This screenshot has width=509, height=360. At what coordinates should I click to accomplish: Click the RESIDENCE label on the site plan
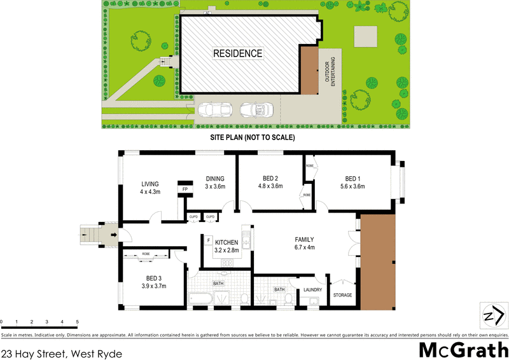pyautogui.click(x=237, y=53)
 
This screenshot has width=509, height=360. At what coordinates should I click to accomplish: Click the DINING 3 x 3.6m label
pyautogui.click(x=215, y=183)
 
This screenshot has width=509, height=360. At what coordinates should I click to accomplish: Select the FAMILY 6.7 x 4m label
pyautogui.click(x=305, y=244)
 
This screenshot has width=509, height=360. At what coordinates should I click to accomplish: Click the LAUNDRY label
pyautogui.click(x=313, y=290)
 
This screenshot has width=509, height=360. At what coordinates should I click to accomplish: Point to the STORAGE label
pyautogui.click(x=342, y=295)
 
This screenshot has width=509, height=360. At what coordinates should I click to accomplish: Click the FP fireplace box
pyautogui.click(x=185, y=190)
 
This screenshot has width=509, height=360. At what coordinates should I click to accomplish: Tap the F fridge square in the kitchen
pyautogui.click(x=209, y=240)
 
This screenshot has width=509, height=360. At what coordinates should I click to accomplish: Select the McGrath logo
pyautogui.click(x=463, y=349)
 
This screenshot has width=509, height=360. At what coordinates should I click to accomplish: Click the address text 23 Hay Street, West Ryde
pyautogui.click(x=62, y=351)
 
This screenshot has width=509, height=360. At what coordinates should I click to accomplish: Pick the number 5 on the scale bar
pyautogui.click(x=77, y=322)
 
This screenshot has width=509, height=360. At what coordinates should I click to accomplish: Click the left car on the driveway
pyautogui.click(x=214, y=110)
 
